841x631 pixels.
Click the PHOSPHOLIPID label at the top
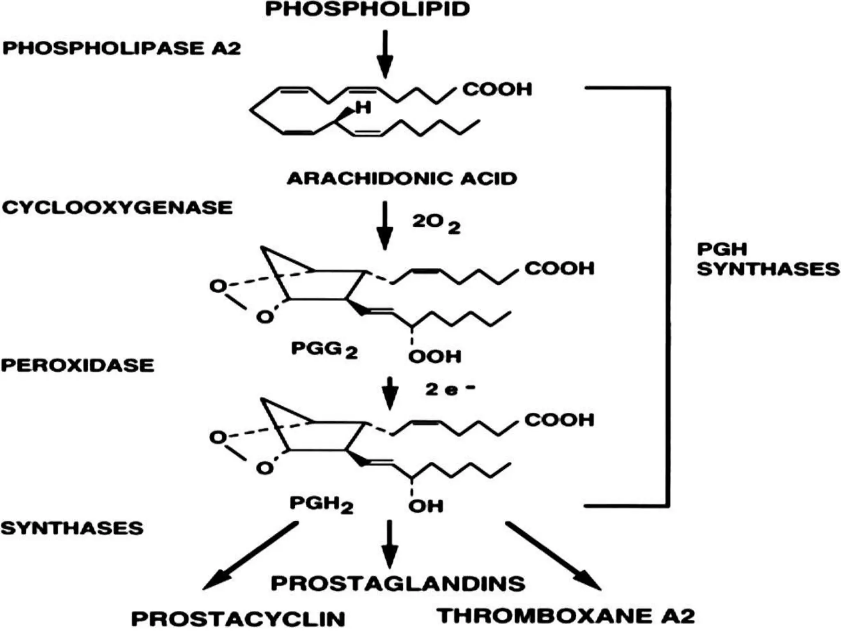tap(368, 9)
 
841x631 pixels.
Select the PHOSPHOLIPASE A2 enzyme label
tap(122, 48)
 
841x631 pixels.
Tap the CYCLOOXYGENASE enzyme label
tap(117, 207)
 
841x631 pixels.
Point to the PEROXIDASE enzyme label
tap(78, 365)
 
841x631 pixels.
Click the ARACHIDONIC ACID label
tap(402, 178)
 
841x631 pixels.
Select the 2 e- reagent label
tap(450, 389)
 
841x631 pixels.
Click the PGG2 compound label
tap(324, 350)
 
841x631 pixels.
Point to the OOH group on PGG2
tap(435, 356)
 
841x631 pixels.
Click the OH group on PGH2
tap(426, 506)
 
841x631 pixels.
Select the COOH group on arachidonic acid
tap(497, 89)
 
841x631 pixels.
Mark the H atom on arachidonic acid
tap(363, 108)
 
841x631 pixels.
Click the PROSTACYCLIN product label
tap(238, 619)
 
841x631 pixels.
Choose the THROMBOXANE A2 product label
tap(566, 616)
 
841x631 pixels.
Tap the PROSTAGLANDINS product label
tap(398, 583)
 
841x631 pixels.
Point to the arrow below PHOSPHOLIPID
tap(385, 54)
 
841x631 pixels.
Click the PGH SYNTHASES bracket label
tap(768, 259)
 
